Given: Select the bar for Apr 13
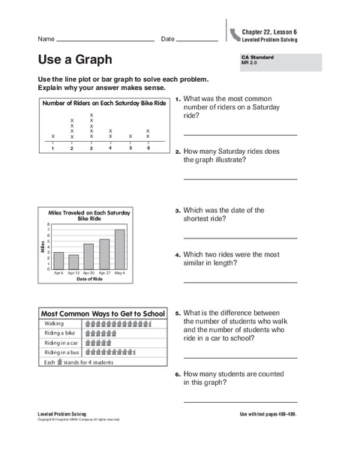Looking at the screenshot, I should [73, 262].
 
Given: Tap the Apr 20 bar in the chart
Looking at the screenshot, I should [88, 256].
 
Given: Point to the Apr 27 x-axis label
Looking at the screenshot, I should [104, 273].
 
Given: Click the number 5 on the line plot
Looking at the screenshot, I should [130, 148].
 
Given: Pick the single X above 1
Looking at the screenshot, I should [53, 136].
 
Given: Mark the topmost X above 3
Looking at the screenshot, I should [91, 114].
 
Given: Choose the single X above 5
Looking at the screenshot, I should [130, 136].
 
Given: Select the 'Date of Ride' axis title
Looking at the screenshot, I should [88, 279].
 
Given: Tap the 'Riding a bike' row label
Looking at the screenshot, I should [61, 332].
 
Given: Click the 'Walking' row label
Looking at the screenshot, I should [55, 322].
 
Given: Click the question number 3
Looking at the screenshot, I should [178, 211].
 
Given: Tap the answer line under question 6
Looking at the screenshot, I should [239, 401].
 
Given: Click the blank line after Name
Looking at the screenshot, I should [105, 40].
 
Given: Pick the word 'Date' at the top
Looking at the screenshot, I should [167, 38].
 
